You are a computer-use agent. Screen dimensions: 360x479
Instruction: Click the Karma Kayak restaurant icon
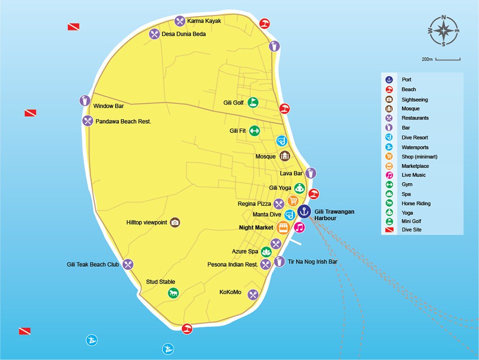180,21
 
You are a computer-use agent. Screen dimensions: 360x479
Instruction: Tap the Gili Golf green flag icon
253,102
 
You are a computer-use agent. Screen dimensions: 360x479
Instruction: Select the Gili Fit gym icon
254,131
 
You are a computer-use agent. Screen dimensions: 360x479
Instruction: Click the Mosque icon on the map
284,156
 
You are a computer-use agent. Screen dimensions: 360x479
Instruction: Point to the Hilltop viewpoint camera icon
175,222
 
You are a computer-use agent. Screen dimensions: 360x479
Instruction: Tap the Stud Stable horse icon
173,293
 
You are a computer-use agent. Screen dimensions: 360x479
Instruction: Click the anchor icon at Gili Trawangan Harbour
304,212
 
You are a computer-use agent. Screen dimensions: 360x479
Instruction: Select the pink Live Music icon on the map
299,227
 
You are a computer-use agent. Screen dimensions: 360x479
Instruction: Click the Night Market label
256,227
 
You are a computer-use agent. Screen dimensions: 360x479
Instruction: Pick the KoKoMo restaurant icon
253,295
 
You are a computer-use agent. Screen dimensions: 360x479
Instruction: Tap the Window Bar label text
108,106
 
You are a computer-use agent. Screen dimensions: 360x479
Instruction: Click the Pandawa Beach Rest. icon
88,121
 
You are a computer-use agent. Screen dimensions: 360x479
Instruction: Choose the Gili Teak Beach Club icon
128,264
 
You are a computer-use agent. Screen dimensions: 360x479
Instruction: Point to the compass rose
443,30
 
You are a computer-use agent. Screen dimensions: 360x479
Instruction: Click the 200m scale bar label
427,59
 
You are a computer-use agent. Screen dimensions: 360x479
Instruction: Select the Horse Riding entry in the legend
416,203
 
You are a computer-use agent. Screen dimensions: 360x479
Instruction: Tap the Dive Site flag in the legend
389,230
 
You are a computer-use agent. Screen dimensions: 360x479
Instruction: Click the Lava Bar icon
311,173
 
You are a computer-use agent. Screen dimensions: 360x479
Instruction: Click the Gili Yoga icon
299,188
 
